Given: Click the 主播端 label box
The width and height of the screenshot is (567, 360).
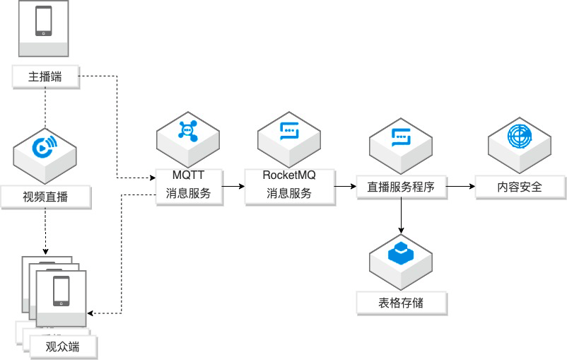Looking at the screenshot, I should click(x=45, y=76).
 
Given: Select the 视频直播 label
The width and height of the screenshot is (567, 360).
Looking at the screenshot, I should click(x=46, y=197).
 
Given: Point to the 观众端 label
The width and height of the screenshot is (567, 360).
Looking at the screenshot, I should click(x=62, y=347).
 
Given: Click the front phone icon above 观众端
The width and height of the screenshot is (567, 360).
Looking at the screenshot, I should click(x=62, y=291).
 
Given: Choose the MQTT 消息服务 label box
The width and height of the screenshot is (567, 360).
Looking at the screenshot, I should click(x=189, y=185).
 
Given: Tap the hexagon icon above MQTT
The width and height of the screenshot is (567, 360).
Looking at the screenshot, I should click(x=188, y=130).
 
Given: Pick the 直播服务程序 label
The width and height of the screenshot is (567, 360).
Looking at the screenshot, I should click(x=400, y=187).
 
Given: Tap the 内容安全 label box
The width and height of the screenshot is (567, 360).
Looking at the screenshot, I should click(x=520, y=187).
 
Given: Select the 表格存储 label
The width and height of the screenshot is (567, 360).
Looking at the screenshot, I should click(x=401, y=303).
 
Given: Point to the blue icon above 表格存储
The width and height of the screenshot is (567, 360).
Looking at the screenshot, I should click(x=401, y=252).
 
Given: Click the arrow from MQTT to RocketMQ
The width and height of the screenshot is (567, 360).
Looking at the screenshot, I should click(x=233, y=187).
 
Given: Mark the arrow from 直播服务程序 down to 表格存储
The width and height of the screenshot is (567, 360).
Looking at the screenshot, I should click(x=401, y=216).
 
